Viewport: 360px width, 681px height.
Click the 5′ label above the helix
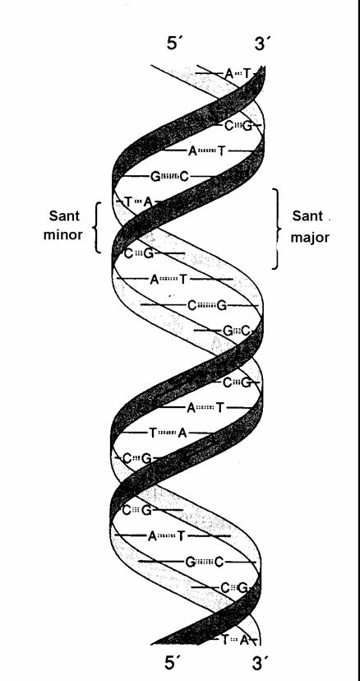pos(173,44)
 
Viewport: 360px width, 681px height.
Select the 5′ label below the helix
pos(172,664)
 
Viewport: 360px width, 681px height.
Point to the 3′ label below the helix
pos(260,664)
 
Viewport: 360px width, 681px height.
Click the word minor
pos(62,234)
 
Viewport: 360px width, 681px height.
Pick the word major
pos(310,238)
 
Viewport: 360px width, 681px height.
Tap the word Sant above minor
pos(64,215)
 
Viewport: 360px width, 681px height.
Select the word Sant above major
pos(307,215)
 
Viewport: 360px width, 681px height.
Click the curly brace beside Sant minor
pos(97,227)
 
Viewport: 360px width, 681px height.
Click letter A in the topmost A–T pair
pos(229,74)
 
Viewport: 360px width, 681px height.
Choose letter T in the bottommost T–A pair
pos(225,639)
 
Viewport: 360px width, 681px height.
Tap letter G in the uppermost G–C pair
pos(155,177)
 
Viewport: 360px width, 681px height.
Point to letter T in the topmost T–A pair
pos(127,202)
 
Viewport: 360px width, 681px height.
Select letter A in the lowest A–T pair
pos(152,536)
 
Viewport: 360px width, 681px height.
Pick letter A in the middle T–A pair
pos(183,433)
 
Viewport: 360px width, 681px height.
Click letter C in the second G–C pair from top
pos(247,331)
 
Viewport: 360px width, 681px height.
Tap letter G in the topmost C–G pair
pos(247,126)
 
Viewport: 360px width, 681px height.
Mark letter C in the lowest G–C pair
pos(219,563)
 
